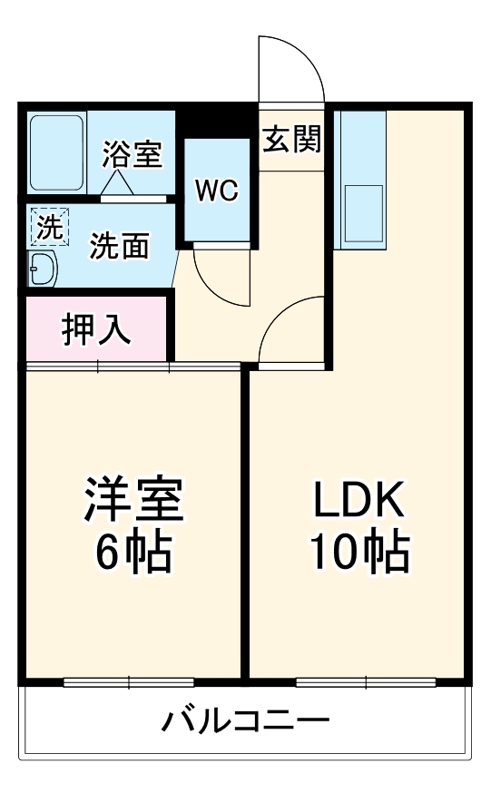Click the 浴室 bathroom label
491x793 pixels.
click(133, 154)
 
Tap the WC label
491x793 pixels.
click(217, 191)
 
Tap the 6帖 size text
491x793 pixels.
click(133, 551)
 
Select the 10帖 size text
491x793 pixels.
click(358, 551)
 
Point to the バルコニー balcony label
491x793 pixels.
click(245, 722)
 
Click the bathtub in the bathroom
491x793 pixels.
click(56, 152)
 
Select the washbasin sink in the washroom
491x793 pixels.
click(42, 267)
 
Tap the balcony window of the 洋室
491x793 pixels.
click(129, 681)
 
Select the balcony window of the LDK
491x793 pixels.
click(366, 681)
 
